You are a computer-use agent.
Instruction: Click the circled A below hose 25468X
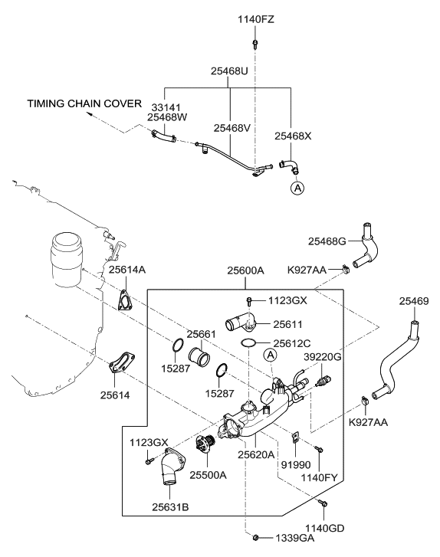296,187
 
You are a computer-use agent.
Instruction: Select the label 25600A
245,270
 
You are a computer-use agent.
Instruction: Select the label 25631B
172,506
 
